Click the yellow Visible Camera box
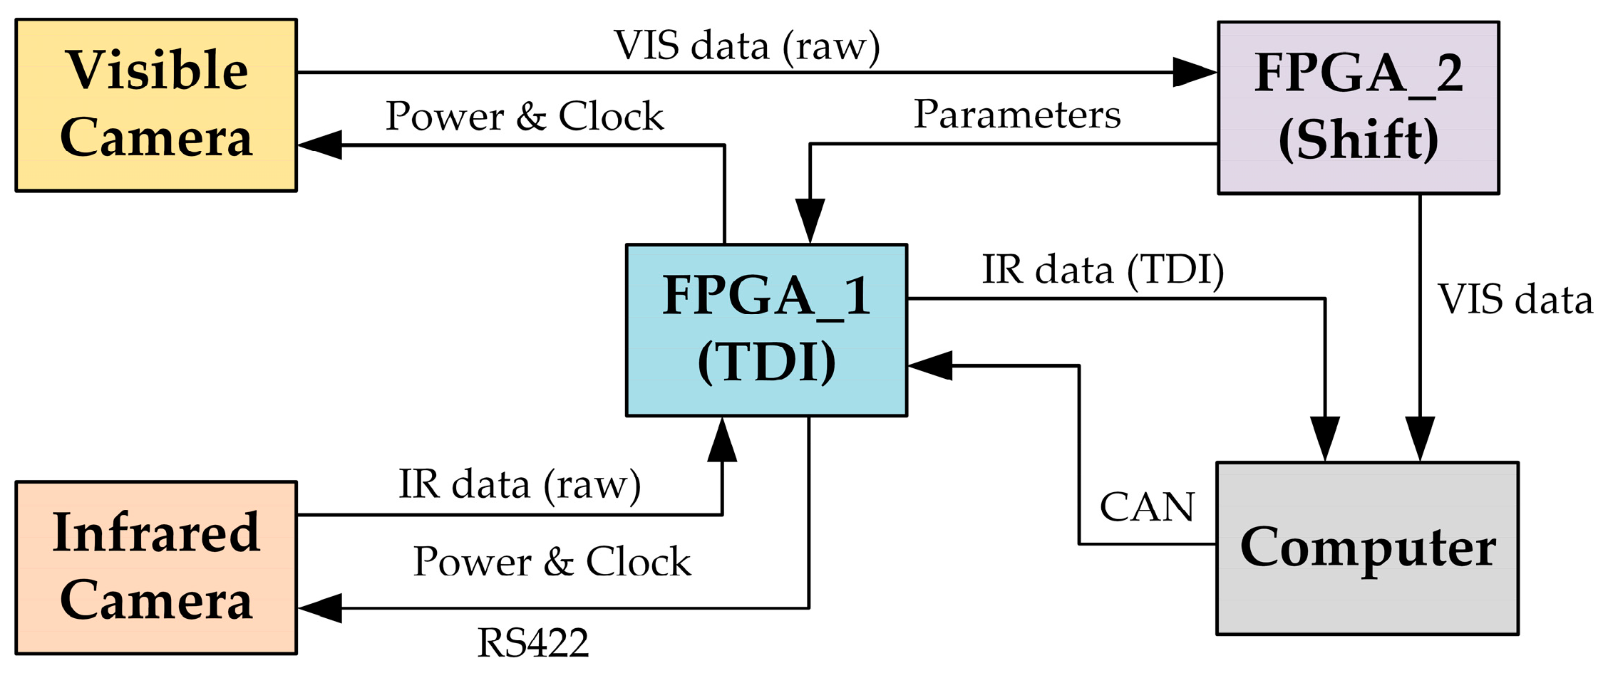click(x=156, y=105)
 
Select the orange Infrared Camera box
click(x=156, y=568)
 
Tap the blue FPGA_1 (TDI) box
click(x=766, y=330)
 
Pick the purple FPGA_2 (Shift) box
click(x=1358, y=108)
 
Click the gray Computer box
click(x=1367, y=548)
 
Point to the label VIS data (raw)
click(x=746, y=46)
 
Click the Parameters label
click(x=1017, y=115)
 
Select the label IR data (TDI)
click(x=1103, y=270)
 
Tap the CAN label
click(x=1147, y=507)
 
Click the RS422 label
click(x=532, y=643)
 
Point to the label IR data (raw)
click(x=520, y=484)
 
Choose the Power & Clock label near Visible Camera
click(x=525, y=116)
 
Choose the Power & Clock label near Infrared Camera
click(x=552, y=562)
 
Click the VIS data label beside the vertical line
click(x=1515, y=299)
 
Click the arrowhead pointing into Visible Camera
click(x=319, y=145)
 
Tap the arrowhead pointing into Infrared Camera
click(x=319, y=608)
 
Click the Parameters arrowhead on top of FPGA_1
click(x=810, y=221)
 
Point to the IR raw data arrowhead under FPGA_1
click(x=722, y=440)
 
